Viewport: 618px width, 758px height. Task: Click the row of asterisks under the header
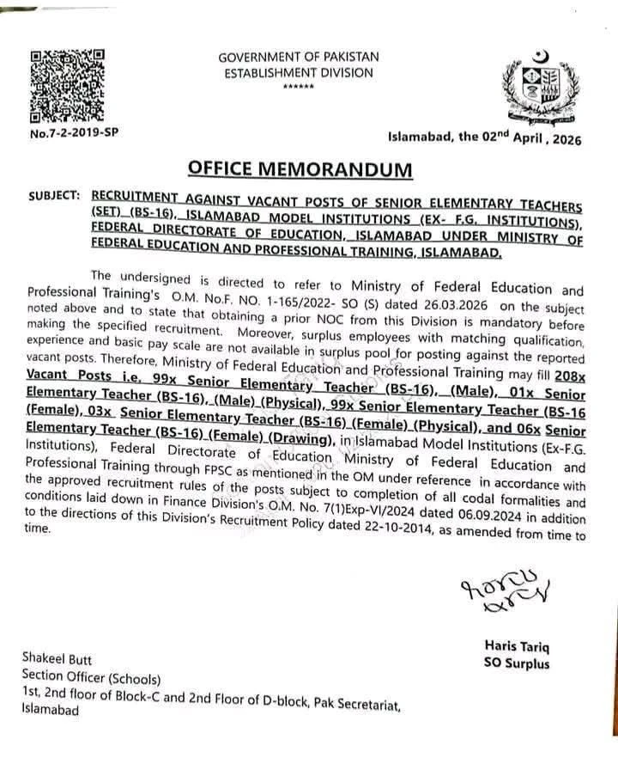point(298,89)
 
